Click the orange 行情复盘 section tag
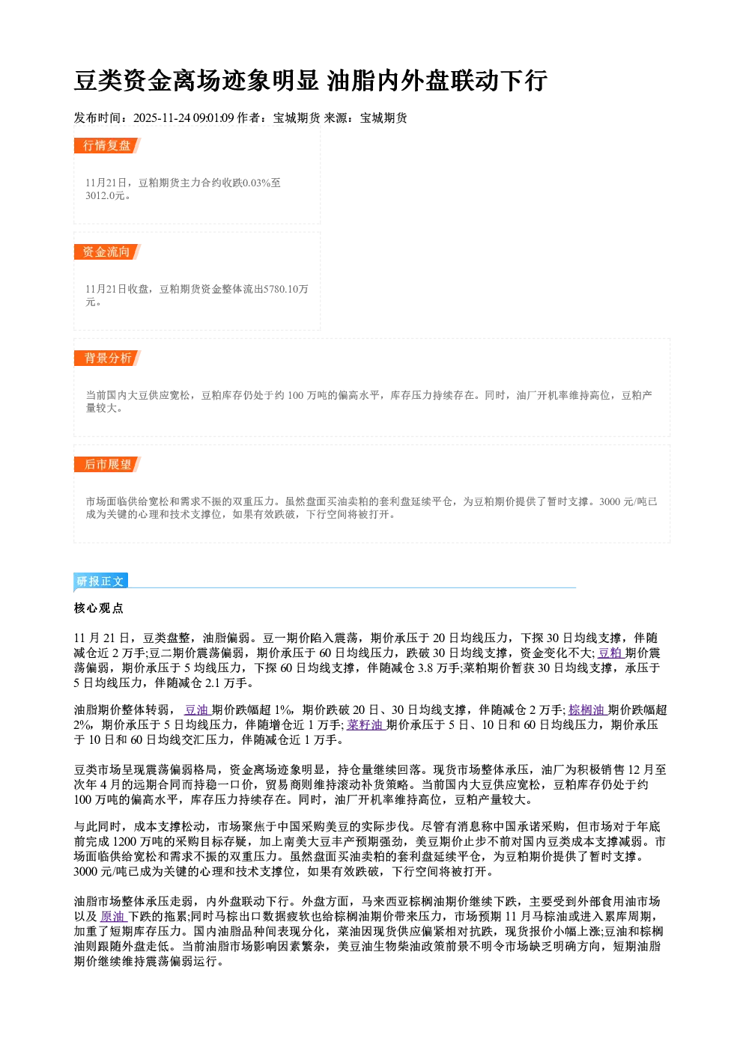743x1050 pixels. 106,146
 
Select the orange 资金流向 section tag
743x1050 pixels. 106,251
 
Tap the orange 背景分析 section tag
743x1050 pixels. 106,358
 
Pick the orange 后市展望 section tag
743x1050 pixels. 106,465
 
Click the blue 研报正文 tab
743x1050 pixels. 100,582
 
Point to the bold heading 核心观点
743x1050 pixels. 99,608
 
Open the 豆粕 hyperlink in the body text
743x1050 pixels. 610,653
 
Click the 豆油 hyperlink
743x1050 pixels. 196,710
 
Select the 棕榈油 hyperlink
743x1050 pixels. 586,710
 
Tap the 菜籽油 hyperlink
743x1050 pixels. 366,725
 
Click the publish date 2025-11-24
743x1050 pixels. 162,118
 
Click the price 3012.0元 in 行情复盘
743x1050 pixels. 105,196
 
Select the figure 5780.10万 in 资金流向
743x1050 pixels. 286,289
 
